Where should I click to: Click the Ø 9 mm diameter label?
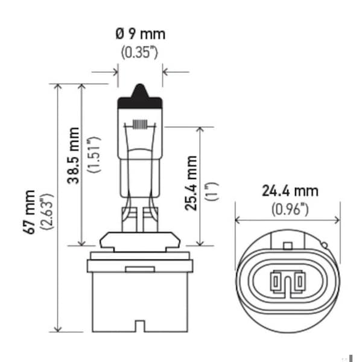(x=141, y=34)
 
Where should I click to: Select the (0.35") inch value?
(x=140, y=52)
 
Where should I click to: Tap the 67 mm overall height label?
(x=30, y=212)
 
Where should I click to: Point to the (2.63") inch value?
(x=47, y=211)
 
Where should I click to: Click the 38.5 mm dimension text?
(x=74, y=156)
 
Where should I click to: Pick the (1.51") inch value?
(x=94, y=154)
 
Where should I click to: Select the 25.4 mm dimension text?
(x=191, y=183)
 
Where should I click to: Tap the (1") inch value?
(x=212, y=191)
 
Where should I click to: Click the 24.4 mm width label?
(x=290, y=191)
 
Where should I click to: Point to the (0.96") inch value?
(x=290, y=209)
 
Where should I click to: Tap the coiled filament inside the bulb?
(x=140, y=125)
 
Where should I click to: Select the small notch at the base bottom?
(x=140, y=326)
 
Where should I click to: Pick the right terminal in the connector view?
(x=300, y=281)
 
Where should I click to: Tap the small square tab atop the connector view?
(x=288, y=246)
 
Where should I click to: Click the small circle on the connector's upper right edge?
(x=325, y=245)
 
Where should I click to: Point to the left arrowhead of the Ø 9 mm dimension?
(x=115, y=72)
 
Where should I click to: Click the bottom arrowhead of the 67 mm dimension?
(x=58, y=329)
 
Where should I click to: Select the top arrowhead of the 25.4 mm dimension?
(x=200, y=130)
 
